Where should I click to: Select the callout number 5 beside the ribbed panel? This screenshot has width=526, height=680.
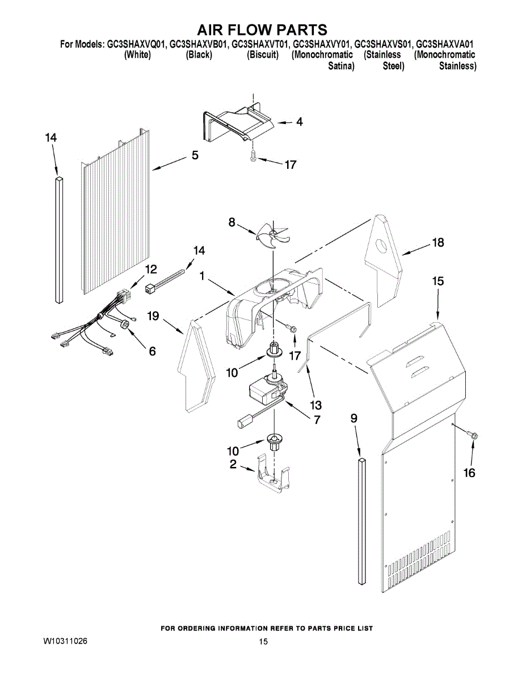[x=195, y=155]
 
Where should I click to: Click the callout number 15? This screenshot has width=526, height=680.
[x=438, y=281]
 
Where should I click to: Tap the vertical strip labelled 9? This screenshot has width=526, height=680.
[x=361, y=521]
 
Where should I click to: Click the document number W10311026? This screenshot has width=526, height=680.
[x=65, y=641]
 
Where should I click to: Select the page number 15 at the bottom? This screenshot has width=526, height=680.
[x=263, y=642]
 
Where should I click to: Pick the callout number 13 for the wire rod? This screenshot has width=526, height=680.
[x=315, y=405]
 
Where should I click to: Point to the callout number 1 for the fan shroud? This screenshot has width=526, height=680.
[x=202, y=276]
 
